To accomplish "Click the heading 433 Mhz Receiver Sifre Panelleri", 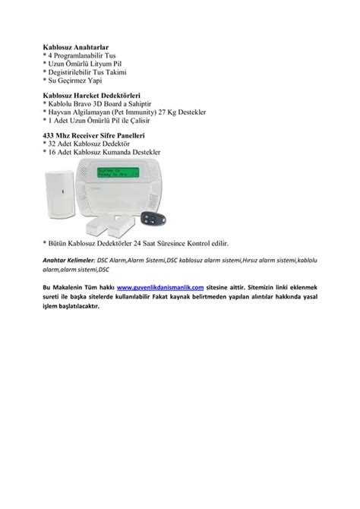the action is click(96, 136).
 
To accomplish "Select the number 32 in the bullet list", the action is click(54, 144).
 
